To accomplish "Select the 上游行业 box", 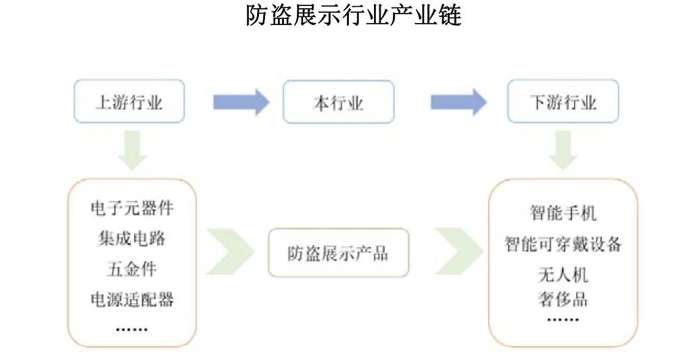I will pyautogui.click(x=128, y=103).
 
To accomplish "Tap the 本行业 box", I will pyautogui.click(x=338, y=103).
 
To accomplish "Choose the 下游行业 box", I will pyautogui.click(x=563, y=103).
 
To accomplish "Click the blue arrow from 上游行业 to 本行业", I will pyautogui.click(x=241, y=102).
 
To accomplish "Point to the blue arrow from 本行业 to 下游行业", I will pyautogui.click(x=458, y=102).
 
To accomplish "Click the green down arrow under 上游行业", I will pyautogui.click(x=132, y=150).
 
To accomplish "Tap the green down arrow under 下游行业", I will pyautogui.click(x=563, y=150).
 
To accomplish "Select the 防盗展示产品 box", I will pyautogui.click(x=338, y=253).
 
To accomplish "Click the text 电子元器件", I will pyautogui.click(x=132, y=208).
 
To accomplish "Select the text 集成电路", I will pyautogui.click(x=132, y=238).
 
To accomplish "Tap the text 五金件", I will pyautogui.click(x=132, y=269).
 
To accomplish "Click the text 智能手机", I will pyautogui.click(x=563, y=213).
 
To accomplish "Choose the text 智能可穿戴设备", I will pyautogui.click(x=563, y=244).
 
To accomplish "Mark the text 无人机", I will pyautogui.click(x=563, y=274).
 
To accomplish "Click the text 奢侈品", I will pyautogui.click(x=563, y=298).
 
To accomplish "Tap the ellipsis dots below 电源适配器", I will pyautogui.click(x=132, y=329).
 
